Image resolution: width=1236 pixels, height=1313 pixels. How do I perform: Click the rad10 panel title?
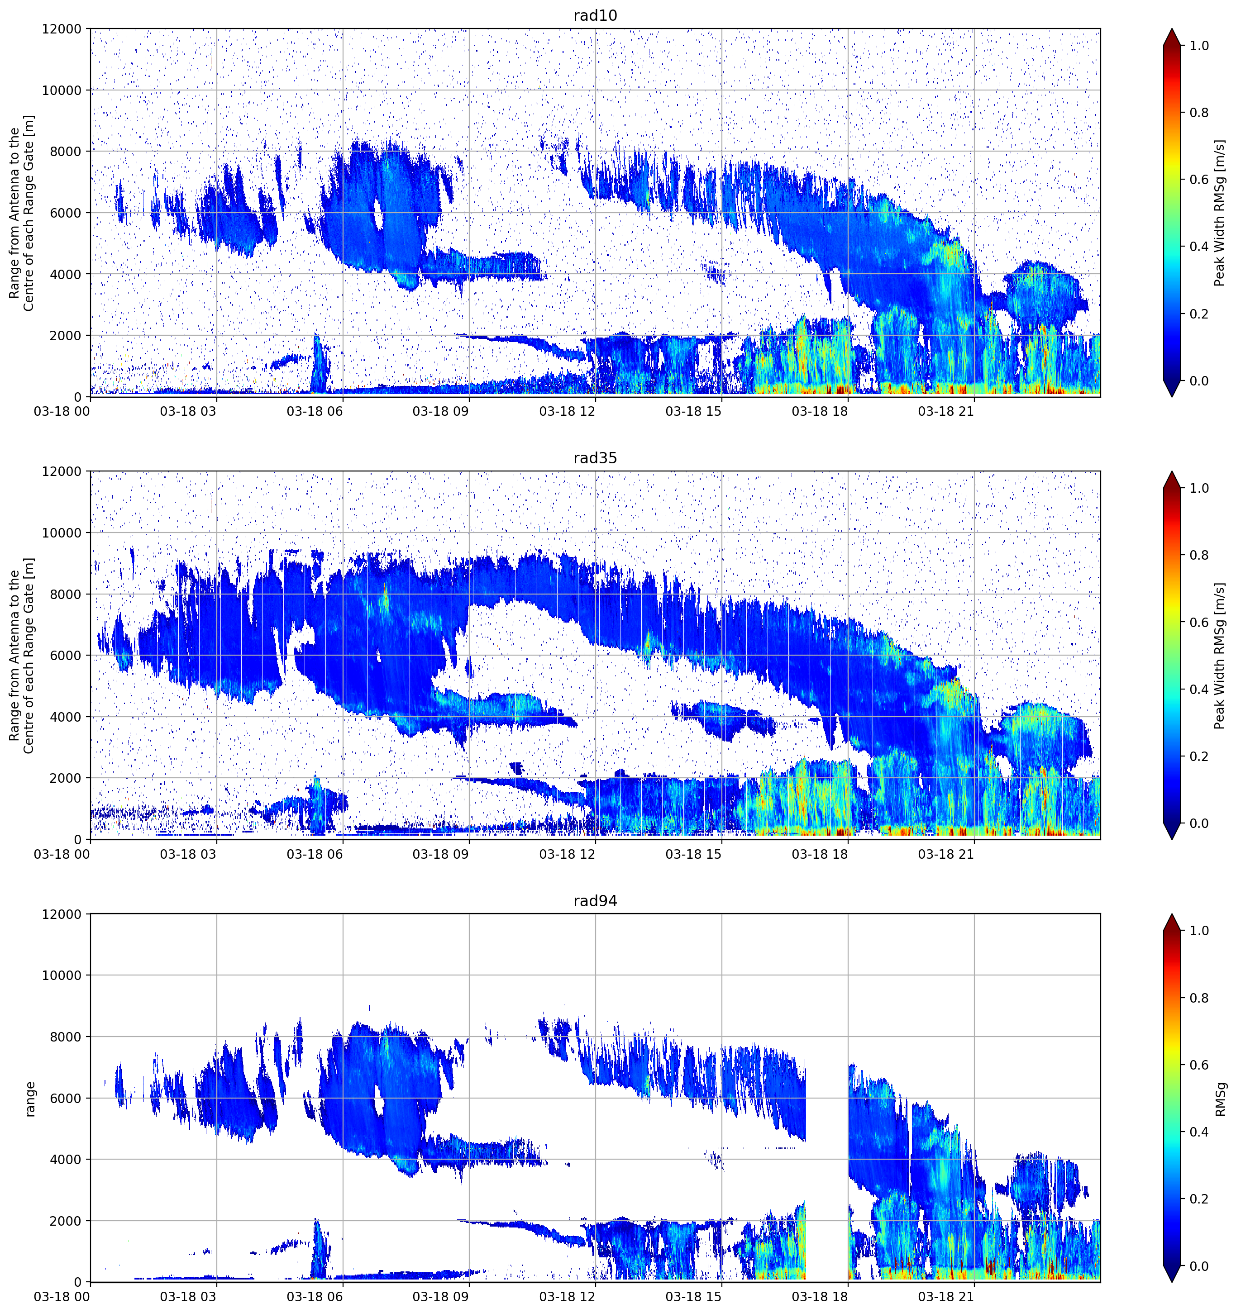point(595,15)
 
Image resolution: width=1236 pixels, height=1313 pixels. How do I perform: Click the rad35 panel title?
point(595,458)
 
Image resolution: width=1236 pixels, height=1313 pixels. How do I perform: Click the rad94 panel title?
point(595,901)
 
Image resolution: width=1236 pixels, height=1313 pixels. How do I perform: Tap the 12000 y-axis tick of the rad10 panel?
point(62,29)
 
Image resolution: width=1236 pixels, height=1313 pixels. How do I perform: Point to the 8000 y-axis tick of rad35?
point(66,595)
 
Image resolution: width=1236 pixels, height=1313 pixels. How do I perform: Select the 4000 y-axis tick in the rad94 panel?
point(66,1160)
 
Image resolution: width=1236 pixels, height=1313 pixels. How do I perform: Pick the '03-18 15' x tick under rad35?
point(693,854)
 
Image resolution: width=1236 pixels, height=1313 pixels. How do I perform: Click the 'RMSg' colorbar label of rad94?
point(1221,1099)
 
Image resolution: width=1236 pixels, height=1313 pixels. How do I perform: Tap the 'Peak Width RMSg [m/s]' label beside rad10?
point(1220,213)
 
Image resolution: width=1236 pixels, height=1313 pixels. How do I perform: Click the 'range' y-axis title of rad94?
point(30,1099)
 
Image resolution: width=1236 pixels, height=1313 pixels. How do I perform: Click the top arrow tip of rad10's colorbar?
point(1172,29)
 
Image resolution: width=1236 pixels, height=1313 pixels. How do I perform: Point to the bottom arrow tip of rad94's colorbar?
point(1172,1282)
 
